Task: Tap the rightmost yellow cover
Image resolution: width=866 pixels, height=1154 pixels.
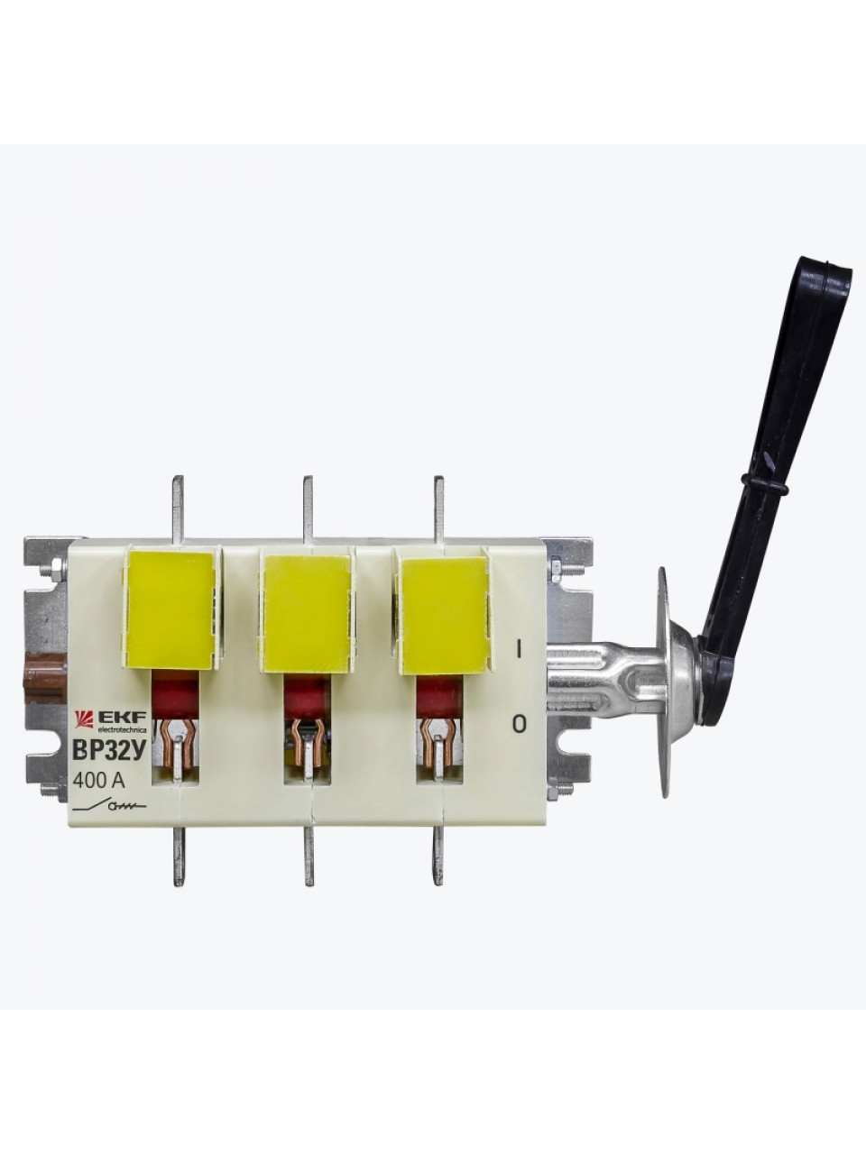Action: pyautogui.click(x=443, y=616)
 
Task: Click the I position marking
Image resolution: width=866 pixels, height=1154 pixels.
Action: pyautogui.click(x=519, y=650)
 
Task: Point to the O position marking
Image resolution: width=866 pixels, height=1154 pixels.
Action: pyautogui.click(x=519, y=724)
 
